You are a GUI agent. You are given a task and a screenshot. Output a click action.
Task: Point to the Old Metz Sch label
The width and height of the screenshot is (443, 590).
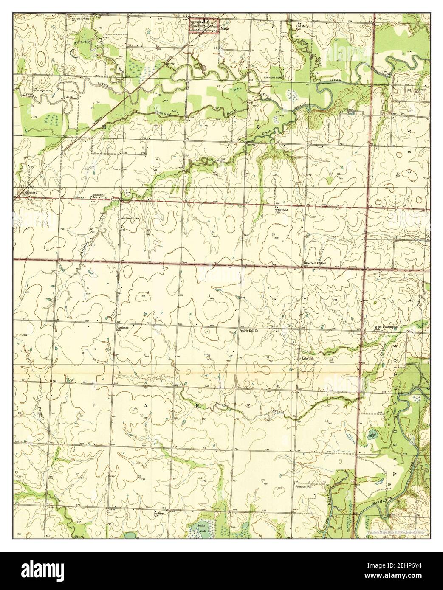[x=302, y=28]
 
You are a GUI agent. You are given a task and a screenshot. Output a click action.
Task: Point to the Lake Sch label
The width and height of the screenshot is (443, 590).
[x=308, y=359]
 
